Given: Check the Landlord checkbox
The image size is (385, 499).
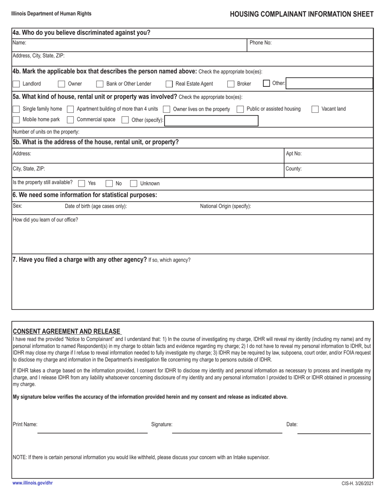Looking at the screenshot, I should (16, 84).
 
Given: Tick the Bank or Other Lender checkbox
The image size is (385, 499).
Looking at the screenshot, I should (100, 84).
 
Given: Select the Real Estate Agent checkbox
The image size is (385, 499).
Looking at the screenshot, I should (169, 84).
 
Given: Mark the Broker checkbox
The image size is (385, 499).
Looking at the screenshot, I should (231, 84).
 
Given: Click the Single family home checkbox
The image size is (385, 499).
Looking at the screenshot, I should (16, 109).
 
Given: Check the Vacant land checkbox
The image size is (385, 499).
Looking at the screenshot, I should (315, 109).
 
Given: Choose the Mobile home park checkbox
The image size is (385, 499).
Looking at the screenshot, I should (16, 120).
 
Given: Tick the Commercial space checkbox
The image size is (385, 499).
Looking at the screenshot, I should (70, 120).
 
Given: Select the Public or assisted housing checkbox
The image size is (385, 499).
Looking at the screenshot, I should (240, 109).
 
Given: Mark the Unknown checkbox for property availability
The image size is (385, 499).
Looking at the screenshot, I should (134, 183).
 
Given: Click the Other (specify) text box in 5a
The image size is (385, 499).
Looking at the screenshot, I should (211, 120).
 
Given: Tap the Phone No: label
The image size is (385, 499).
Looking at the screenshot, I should (261, 42).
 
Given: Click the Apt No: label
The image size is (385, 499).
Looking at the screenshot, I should (294, 154).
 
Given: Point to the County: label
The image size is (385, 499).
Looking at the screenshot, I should (294, 168).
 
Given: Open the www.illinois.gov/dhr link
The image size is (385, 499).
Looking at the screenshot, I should (32, 483).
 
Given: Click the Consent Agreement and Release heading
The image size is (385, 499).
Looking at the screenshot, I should (67, 331).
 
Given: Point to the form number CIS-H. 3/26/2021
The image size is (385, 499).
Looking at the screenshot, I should (357, 484).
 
